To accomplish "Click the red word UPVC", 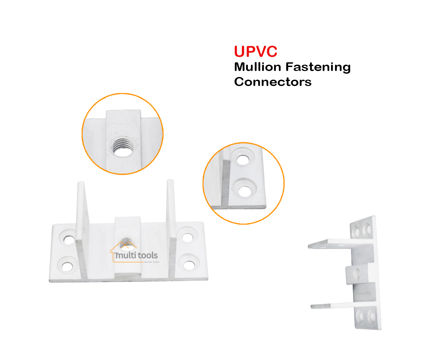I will tap(255, 51).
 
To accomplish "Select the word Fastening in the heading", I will tap(318, 67).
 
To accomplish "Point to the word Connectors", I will tap(273, 82).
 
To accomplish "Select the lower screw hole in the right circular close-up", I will tap(245, 191).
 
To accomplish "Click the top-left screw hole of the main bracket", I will tap(69, 239).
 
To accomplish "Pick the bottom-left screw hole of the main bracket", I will tap(67, 266).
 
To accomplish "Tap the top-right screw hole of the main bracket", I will tap(188, 237).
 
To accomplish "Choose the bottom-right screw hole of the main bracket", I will tap(189, 265).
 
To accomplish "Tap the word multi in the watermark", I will tap(125, 255).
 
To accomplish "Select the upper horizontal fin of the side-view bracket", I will tap(330, 243).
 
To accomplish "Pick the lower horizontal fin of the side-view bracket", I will tap(331, 305).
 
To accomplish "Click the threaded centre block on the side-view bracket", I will tap(355, 274).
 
